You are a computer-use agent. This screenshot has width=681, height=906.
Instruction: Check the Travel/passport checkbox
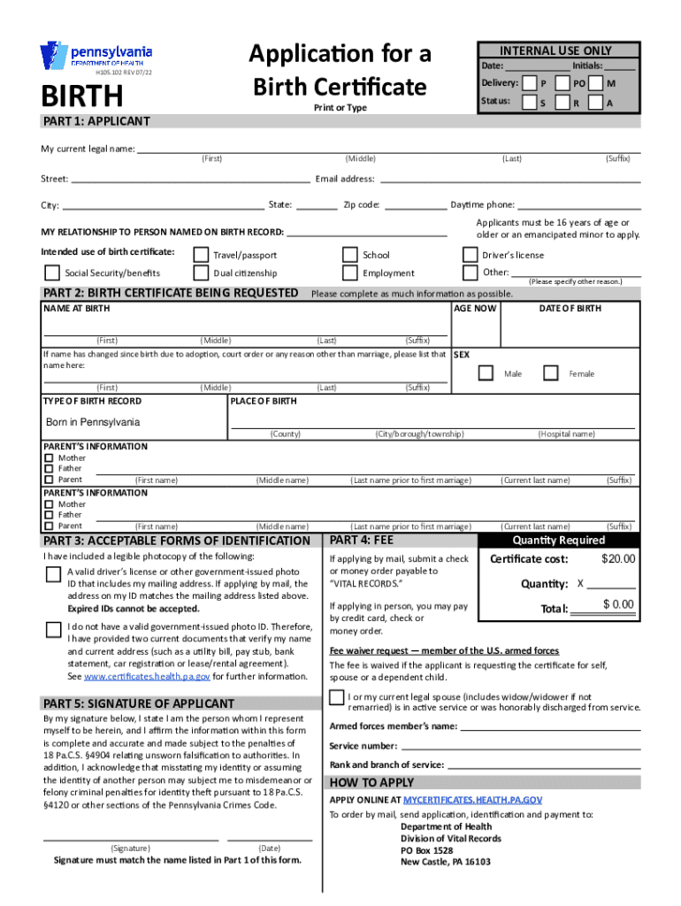pyautogui.click(x=201, y=255)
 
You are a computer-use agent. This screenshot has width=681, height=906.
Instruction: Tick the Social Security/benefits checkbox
pyautogui.click(x=52, y=273)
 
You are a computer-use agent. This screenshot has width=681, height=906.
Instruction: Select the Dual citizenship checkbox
pyautogui.click(x=201, y=273)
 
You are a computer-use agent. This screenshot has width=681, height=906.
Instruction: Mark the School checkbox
pyautogui.click(x=349, y=255)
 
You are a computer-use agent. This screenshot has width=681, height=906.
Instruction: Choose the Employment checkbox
pyautogui.click(x=349, y=273)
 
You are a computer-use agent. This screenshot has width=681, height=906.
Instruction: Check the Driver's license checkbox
pyautogui.click(x=469, y=255)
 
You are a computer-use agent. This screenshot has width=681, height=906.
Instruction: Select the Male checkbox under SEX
pyautogui.click(x=486, y=373)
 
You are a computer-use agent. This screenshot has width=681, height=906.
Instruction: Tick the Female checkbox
pyautogui.click(x=550, y=373)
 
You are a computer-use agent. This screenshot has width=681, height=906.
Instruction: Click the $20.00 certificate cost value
pyautogui.click(x=617, y=559)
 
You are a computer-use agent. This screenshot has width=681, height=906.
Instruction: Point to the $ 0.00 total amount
pyautogui.click(x=617, y=604)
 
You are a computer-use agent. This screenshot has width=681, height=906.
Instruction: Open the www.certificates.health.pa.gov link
pyautogui.click(x=147, y=676)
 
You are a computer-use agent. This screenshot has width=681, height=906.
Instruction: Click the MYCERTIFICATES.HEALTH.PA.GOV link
pyautogui.click(x=472, y=799)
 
